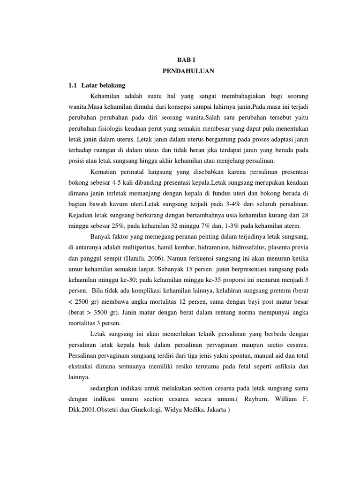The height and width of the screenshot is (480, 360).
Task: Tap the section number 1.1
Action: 72,85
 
